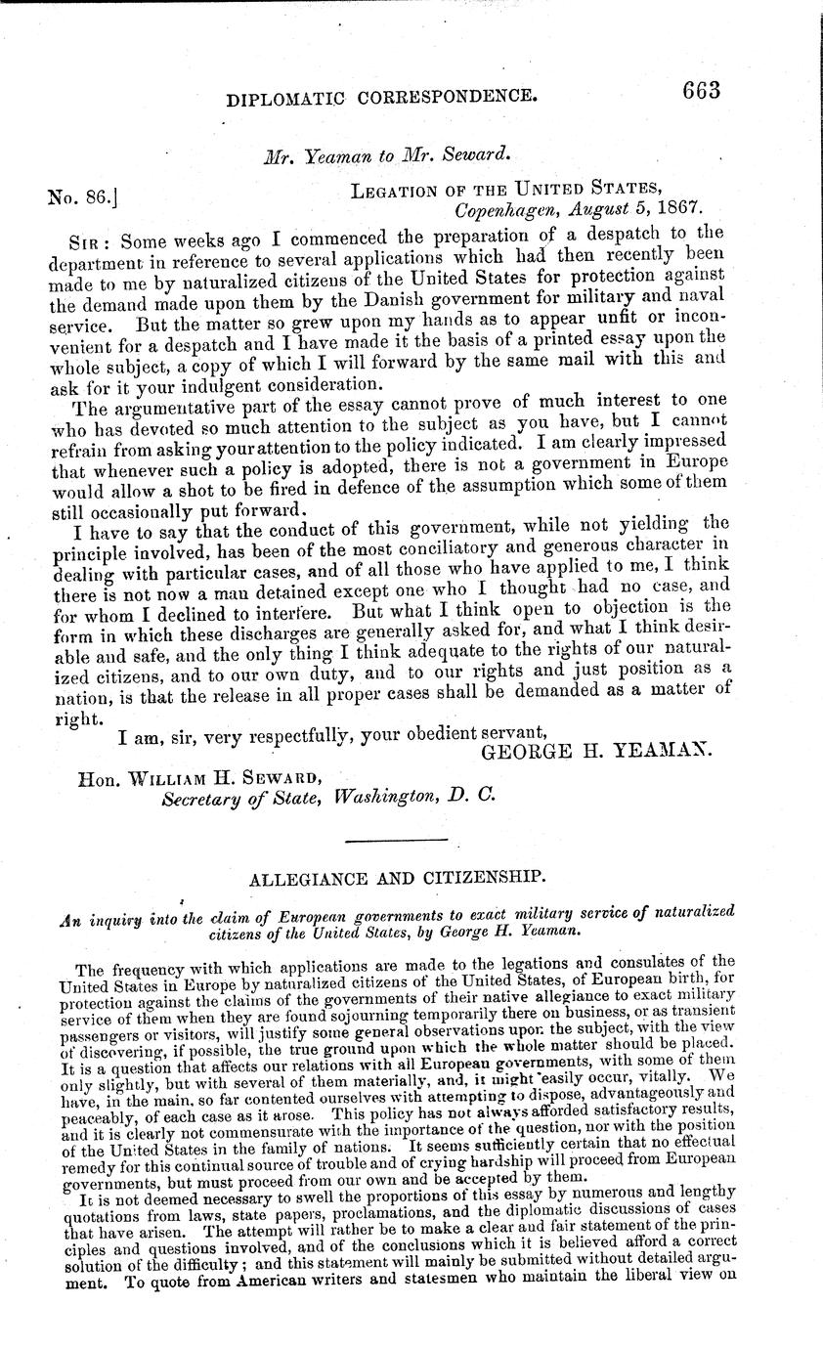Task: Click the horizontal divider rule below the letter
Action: (383, 840)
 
